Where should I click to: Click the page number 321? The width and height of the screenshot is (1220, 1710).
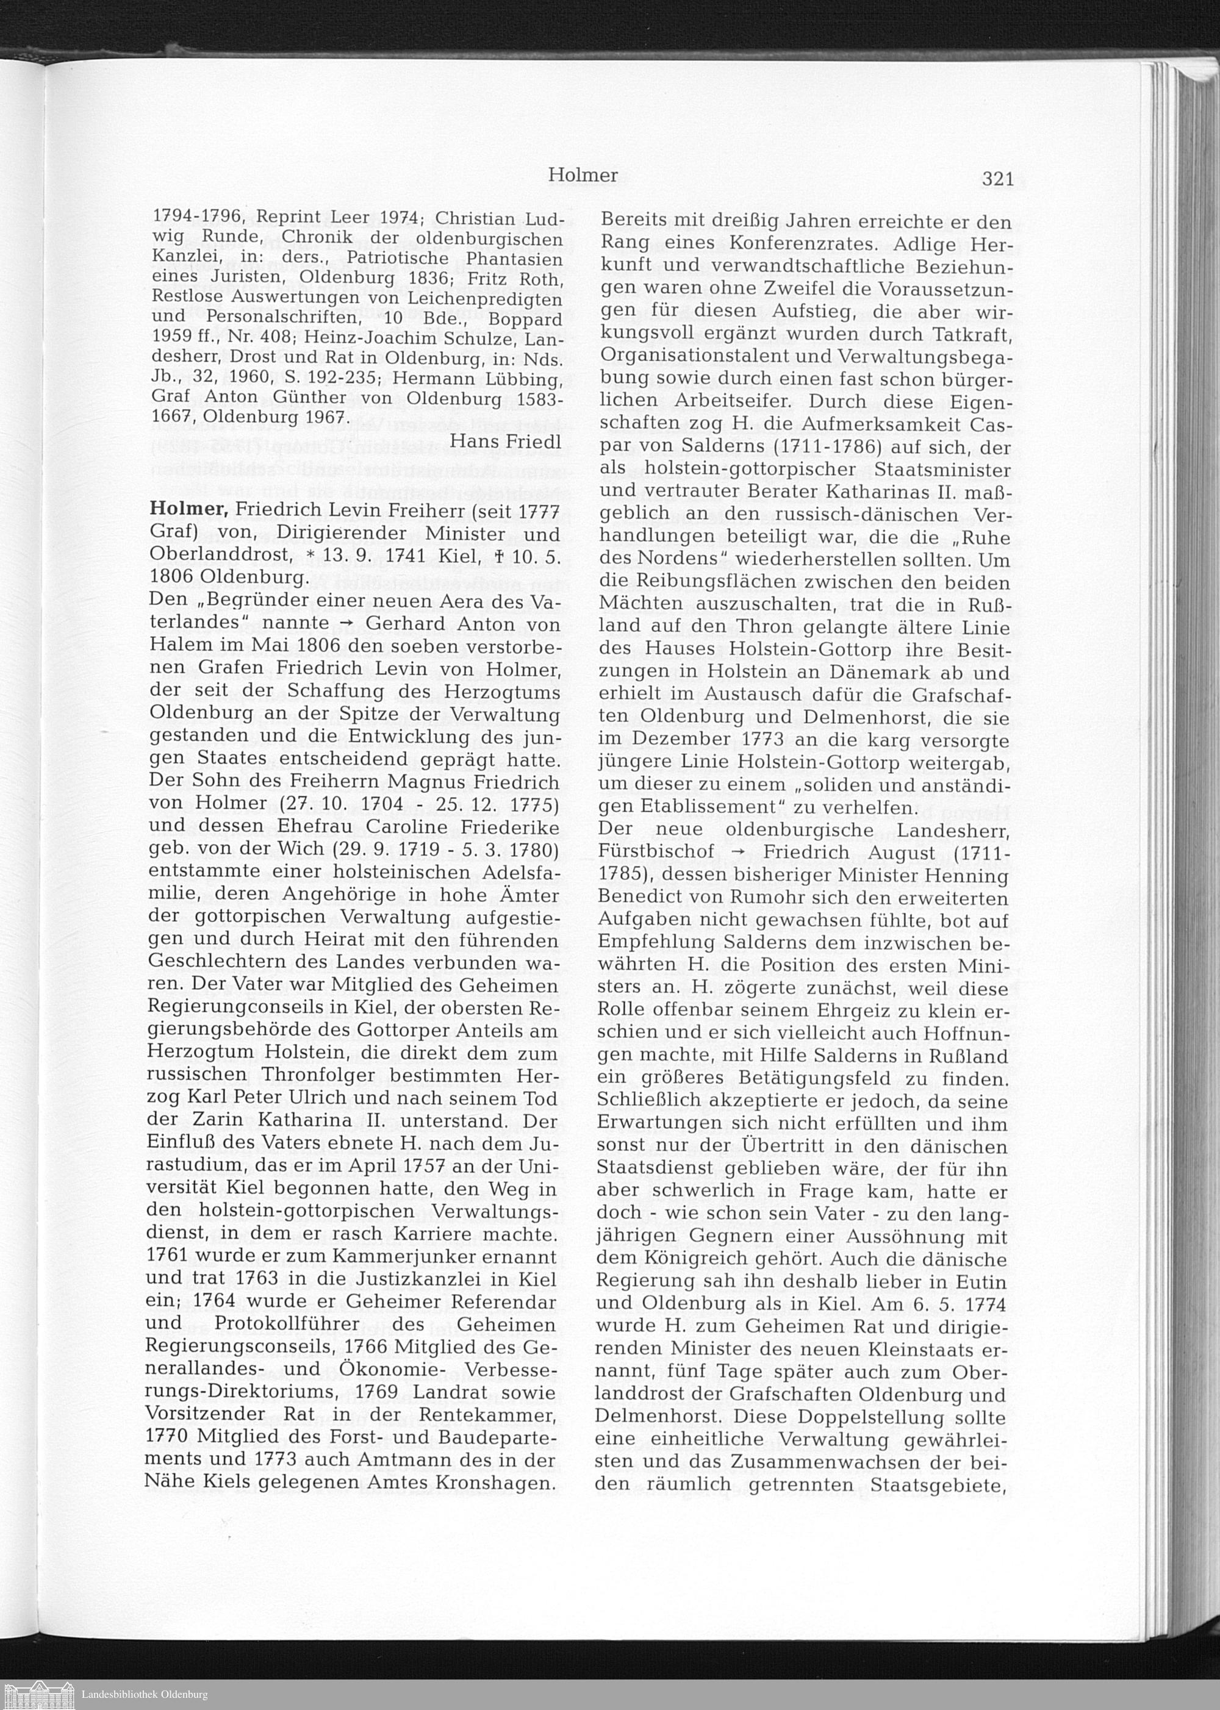[997, 179]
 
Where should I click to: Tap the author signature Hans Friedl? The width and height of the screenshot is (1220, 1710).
[505, 441]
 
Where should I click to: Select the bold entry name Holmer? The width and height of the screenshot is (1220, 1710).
[188, 509]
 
